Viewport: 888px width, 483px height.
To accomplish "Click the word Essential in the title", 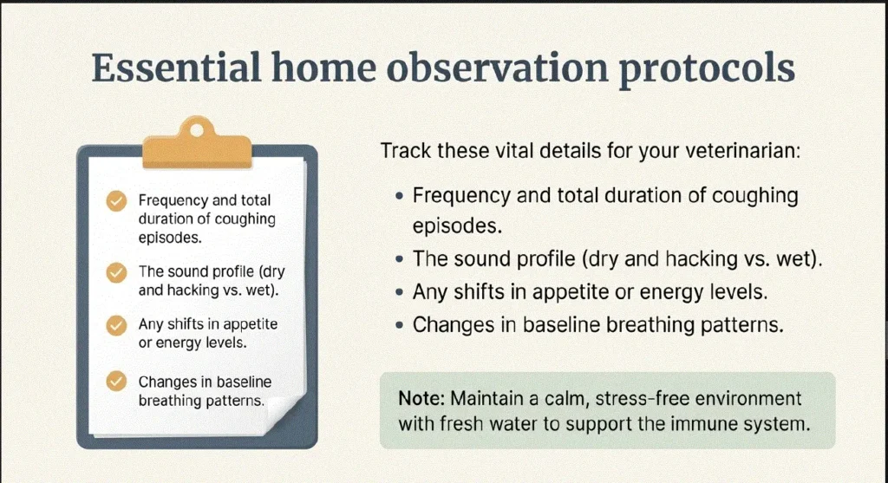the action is tap(176, 68).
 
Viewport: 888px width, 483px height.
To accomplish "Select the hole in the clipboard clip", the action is tap(197, 130).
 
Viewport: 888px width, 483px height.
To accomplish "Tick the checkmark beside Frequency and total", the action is tap(116, 201).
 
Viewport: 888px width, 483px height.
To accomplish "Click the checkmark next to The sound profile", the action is tap(116, 272).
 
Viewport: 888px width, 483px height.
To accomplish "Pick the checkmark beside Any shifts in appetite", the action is tap(116, 325).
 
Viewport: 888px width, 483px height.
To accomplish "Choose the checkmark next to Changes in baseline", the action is tap(116, 381).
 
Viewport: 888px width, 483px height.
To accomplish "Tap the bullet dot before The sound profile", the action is tap(400, 259).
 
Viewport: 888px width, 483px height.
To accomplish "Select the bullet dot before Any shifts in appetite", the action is tap(400, 292).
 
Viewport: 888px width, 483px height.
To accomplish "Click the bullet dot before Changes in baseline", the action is tap(400, 325).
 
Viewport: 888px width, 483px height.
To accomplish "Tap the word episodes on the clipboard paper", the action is tap(170, 238).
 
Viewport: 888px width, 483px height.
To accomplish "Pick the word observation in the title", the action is tap(497, 68).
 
